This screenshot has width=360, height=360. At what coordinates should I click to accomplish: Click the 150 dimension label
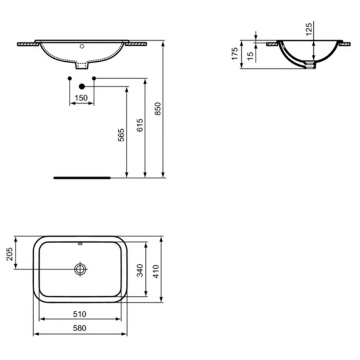(x=82, y=98)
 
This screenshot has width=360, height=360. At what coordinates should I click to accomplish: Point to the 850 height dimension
(x=158, y=109)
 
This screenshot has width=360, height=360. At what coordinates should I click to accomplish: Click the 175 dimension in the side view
(x=235, y=55)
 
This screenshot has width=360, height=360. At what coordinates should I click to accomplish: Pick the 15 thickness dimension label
(x=250, y=55)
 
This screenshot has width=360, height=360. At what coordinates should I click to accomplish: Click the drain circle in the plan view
(x=81, y=269)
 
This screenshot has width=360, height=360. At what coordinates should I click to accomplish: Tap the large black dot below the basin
(x=82, y=87)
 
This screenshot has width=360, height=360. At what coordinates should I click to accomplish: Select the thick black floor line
(x=82, y=178)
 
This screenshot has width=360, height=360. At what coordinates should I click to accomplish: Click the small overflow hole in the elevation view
(x=82, y=46)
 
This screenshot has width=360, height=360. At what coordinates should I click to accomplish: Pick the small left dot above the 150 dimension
(x=70, y=79)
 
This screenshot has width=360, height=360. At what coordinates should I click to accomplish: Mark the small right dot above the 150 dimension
(x=94, y=79)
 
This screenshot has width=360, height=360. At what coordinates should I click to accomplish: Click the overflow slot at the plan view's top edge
(x=81, y=244)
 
